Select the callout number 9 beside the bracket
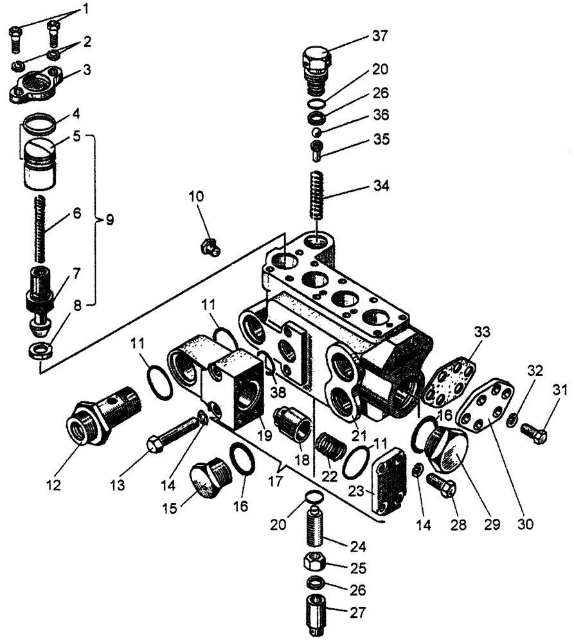pos(110,220)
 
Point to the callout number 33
pos(482,332)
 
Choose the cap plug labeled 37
pos(316,64)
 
